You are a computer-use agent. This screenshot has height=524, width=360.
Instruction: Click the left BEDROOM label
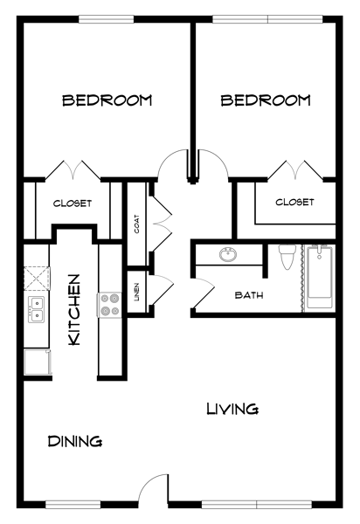click(x=107, y=100)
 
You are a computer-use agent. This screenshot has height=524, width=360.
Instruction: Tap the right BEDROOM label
click(x=266, y=100)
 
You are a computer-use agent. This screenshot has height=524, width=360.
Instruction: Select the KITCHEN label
click(x=74, y=310)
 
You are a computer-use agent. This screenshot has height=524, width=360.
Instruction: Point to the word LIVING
click(x=232, y=409)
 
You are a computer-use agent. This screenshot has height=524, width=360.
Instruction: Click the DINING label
click(x=75, y=441)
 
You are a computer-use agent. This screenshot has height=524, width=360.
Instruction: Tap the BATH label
click(x=249, y=295)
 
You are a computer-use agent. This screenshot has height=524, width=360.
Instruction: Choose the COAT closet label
click(x=136, y=224)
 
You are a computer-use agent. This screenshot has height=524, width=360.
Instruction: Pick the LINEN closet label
click(x=136, y=293)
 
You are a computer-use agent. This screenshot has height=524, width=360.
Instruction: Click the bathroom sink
click(x=229, y=255)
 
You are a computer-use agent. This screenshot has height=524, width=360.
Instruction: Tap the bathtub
click(x=320, y=277)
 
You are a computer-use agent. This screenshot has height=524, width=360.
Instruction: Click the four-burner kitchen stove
click(x=109, y=305)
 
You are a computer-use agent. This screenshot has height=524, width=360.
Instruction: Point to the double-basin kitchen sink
click(x=36, y=309)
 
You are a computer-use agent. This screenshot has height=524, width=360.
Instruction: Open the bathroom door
click(x=202, y=294)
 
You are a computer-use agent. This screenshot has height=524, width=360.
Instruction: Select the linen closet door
click(x=163, y=290)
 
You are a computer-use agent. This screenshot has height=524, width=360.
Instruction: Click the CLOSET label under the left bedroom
click(x=73, y=203)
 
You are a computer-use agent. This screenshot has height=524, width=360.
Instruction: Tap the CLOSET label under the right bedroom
click(x=294, y=202)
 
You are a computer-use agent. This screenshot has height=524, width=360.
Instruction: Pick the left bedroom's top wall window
click(x=107, y=19)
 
